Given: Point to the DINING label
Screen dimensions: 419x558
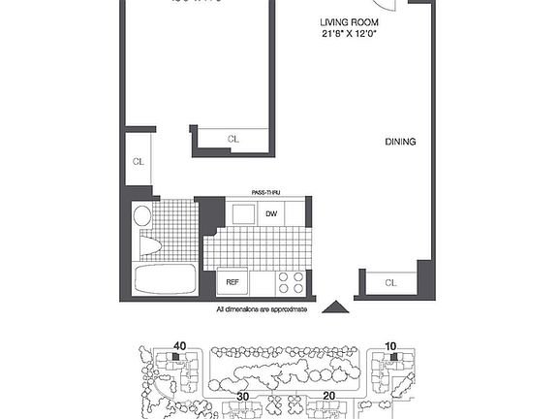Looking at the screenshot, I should (400, 142).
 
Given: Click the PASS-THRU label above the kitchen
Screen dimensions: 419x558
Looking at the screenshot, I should (266, 193).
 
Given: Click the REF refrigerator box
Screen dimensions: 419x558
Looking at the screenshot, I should (232, 282).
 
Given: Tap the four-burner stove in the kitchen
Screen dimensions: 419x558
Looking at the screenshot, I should (291, 281).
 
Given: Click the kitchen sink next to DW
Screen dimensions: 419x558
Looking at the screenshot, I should (241, 214).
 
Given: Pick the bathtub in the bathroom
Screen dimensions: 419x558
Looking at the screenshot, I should (166, 279).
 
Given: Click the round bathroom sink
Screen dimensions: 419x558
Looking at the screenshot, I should (142, 215).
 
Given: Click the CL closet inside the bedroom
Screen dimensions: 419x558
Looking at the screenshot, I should (232, 140).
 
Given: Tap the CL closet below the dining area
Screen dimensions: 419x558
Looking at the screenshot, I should (390, 283).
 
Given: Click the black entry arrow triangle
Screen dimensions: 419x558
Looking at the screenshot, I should (334, 306).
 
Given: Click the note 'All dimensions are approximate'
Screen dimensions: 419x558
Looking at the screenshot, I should (262, 309).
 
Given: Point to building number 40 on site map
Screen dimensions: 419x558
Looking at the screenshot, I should (179, 345).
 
